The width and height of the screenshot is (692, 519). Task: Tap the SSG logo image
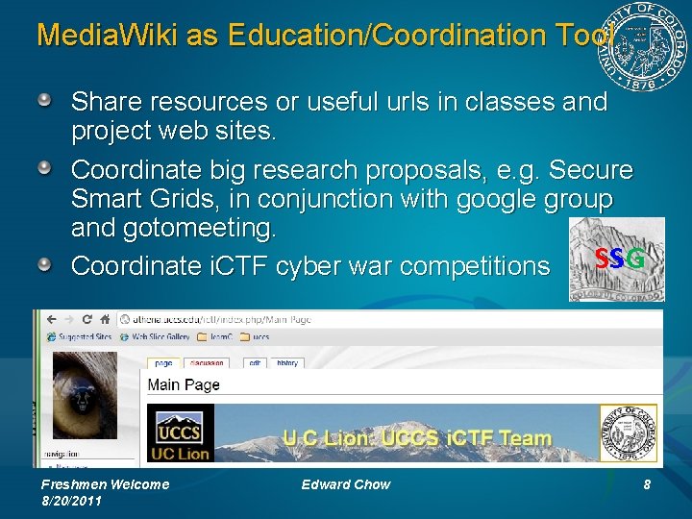click(616, 259)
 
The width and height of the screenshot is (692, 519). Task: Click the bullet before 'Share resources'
click(46, 100)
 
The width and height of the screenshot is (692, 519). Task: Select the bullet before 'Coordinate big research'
click(46, 169)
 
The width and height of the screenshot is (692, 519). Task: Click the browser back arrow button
click(48, 320)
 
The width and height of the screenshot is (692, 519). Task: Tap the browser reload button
click(86, 320)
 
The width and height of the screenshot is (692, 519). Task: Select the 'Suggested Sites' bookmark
click(82, 337)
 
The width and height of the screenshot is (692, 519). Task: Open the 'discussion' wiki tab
click(206, 363)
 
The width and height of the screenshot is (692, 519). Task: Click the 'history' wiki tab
click(287, 363)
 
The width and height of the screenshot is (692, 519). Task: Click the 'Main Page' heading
click(184, 384)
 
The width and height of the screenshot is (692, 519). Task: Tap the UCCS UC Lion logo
click(180, 433)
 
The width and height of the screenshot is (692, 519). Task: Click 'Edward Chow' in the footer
click(345, 484)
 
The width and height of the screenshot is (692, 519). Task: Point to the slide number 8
click(647, 484)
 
